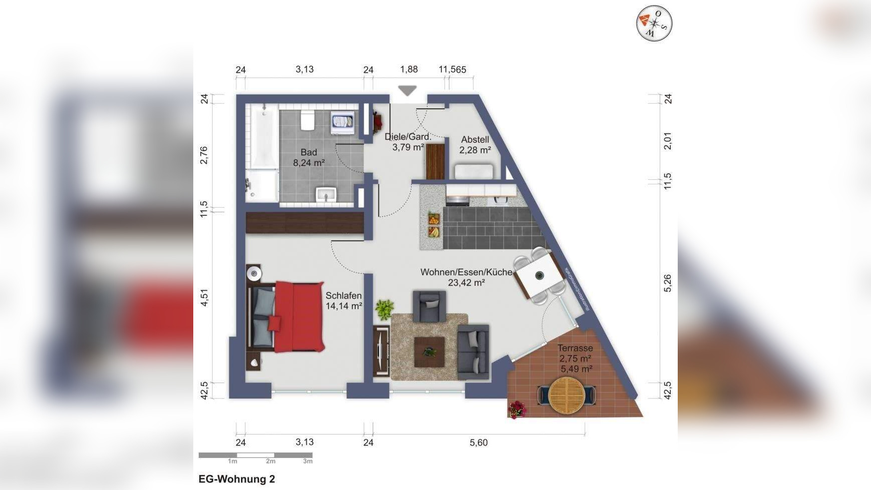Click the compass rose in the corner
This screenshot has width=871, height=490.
click(654, 23)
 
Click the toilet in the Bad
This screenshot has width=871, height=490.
click(308, 121)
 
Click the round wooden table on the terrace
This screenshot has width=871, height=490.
click(566, 395)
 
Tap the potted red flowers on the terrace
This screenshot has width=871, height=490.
click(517, 409)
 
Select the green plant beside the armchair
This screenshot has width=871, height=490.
click(385, 309)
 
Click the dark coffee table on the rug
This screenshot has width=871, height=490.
click(429, 352)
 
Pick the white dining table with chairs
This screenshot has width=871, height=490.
click(539, 275)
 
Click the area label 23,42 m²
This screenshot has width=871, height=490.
click(466, 283)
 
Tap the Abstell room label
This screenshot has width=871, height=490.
click(475, 140)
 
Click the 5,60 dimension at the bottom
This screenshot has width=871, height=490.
click(478, 443)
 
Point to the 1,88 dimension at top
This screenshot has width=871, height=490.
click(409, 69)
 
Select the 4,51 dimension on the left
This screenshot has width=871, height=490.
click(204, 297)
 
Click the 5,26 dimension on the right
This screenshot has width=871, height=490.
click(668, 283)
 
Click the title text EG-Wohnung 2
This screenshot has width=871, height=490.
click(237, 479)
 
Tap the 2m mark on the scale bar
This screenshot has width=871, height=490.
click(270, 462)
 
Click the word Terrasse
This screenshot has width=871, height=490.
click(575, 348)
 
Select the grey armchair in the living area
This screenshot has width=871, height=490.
click(429, 306)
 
